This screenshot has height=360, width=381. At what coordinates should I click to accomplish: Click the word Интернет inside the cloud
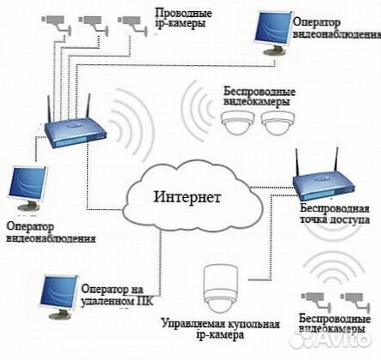pos(188,197)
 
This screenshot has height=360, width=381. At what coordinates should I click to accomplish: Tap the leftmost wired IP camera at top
pos(57,23)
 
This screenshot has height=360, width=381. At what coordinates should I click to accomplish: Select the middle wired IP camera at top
pos(93,23)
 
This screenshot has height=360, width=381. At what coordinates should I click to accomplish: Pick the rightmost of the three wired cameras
pos(133,24)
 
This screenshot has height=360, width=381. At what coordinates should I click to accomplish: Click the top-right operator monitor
pos(273,32)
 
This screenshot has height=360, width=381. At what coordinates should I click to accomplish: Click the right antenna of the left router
pos(88,106)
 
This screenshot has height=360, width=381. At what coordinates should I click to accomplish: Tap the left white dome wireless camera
pos(238,123)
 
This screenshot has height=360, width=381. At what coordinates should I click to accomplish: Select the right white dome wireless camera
pos(277,123)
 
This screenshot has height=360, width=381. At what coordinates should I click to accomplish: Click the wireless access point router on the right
pos(324,187)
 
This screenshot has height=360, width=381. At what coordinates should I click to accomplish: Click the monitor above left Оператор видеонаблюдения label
pos(27,188)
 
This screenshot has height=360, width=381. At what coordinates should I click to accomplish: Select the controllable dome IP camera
pos(221,289)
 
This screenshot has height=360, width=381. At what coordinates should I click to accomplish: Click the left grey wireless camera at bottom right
pos(316,301)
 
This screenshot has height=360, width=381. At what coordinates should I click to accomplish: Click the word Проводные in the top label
pos(183,14)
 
